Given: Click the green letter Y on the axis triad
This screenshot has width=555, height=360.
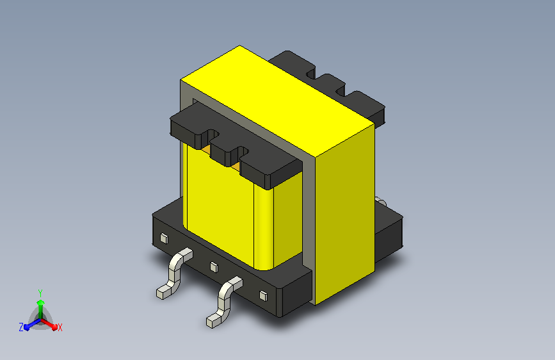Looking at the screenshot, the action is (x=40, y=293).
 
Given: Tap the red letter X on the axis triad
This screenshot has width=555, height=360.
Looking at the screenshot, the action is (x=60, y=327).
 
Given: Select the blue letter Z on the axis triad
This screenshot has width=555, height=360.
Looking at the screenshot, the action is (x=21, y=327).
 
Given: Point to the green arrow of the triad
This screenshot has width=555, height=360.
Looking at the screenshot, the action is (x=41, y=309).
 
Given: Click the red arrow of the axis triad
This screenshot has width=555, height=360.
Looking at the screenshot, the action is (x=49, y=324).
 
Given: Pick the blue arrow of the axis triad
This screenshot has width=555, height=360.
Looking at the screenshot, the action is (x=33, y=324).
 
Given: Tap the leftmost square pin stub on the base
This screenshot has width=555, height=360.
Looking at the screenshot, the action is (x=164, y=238).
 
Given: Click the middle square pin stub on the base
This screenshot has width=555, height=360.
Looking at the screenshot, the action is (x=214, y=267).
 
